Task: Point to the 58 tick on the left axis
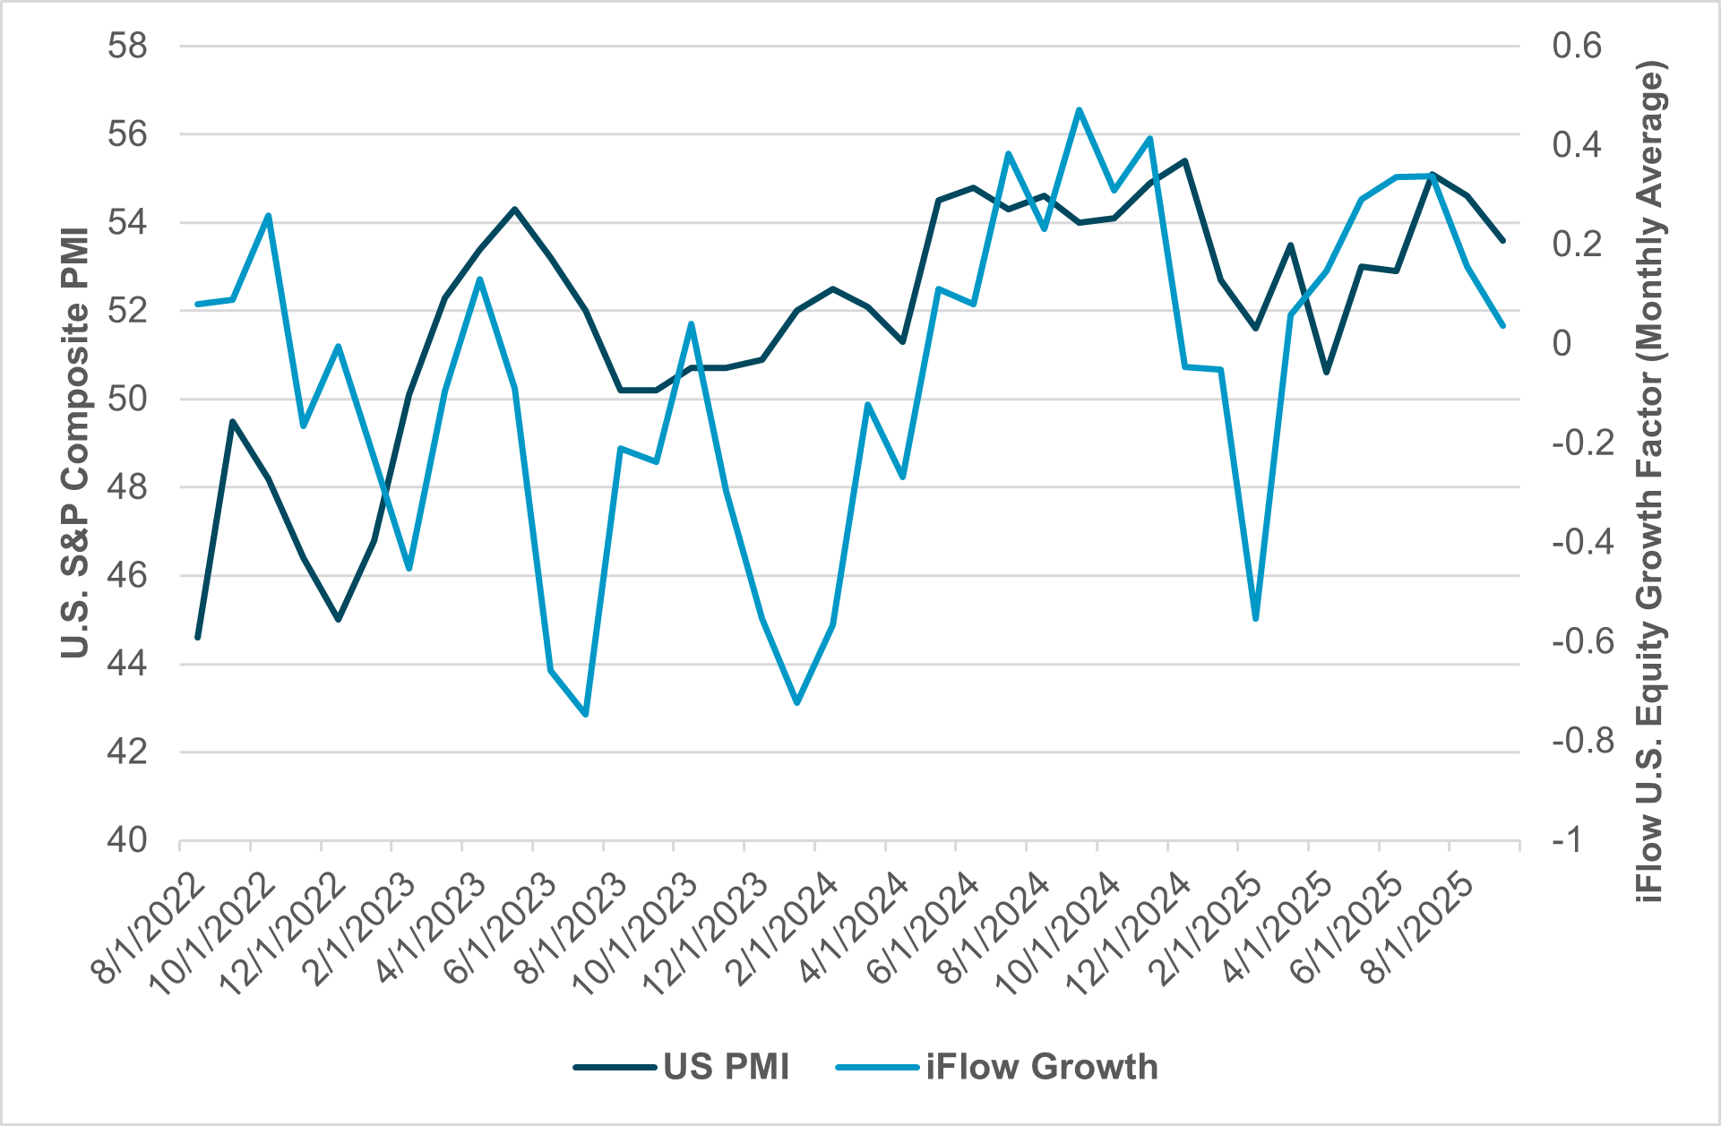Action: point(127,46)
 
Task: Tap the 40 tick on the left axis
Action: point(127,840)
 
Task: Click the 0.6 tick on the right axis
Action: point(1577,46)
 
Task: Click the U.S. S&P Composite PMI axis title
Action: point(75,443)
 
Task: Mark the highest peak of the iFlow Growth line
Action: point(1080,109)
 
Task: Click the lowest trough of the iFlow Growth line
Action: point(586,715)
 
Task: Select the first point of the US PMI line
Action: point(198,637)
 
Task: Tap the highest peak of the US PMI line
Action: point(1184,161)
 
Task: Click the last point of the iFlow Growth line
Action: point(1503,326)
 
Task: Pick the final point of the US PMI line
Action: point(1503,241)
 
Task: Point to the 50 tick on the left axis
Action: point(127,399)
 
